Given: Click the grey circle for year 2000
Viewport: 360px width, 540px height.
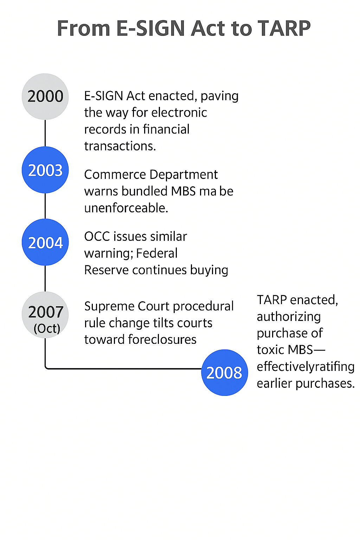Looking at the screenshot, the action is (x=45, y=96).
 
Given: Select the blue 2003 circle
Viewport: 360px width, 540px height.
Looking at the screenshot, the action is (x=45, y=170).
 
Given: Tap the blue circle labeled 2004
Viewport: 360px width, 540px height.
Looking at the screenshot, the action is (x=45, y=242).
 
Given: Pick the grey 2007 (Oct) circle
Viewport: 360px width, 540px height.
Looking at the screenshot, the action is (x=45, y=315).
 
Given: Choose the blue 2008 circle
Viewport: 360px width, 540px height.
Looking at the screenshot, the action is (x=224, y=372).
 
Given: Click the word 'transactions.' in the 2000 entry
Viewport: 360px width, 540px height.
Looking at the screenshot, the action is (x=120, y=146).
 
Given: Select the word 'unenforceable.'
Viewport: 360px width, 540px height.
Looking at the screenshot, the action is (x=126, y=208).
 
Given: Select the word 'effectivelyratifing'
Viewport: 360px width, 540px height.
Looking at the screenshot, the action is (x=306, y=366).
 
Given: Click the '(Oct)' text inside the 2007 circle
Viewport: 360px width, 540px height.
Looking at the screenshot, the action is (x=47, y=328).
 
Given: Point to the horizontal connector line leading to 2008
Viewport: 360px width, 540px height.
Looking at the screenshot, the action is (x=123, y=369).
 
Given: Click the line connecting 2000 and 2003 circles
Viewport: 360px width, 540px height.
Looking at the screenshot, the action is (x=45, y=133).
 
